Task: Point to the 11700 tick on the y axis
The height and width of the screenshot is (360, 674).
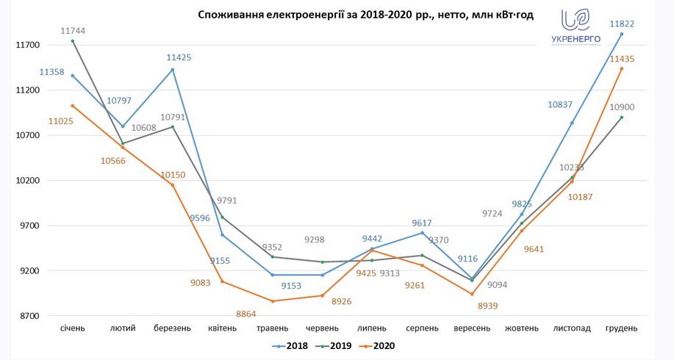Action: tap(26, 45)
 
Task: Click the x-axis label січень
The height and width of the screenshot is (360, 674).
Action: tap(72, 328)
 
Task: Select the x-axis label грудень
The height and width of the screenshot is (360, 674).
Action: tap(621, 328)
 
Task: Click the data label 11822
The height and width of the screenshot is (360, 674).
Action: tap(621, 24)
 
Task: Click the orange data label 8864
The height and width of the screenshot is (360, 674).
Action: tap(246, 314)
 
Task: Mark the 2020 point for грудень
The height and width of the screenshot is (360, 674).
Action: tap(622, 68)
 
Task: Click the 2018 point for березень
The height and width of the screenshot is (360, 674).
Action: tap(173, 70)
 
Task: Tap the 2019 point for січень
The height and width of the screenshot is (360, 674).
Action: tap(72, 41)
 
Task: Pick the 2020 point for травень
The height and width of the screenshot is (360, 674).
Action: tap(272, 301)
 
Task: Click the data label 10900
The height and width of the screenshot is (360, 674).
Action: tap(622, 107)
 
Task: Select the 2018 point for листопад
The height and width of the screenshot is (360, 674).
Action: tap(572, 123)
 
